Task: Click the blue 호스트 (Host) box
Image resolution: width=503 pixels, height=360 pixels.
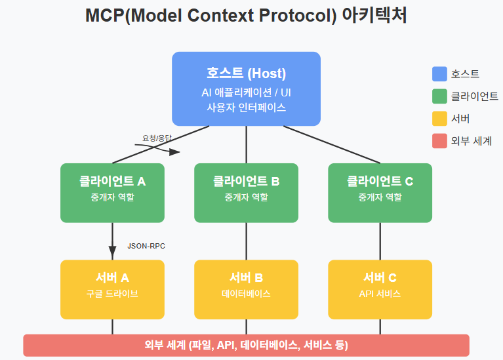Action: point(246,89)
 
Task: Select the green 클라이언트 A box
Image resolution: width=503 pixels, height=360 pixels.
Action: point(112,193)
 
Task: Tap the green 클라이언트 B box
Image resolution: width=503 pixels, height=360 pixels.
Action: point(246,193)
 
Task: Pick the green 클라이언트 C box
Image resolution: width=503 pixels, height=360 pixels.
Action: point(380,193)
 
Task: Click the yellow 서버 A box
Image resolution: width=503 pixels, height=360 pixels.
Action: point(112,290)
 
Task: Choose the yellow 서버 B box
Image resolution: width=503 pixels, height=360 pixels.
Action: point(246,290)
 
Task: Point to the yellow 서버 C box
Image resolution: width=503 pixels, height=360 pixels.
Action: point(380,290)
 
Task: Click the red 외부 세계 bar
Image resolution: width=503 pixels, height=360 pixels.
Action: point(246,345)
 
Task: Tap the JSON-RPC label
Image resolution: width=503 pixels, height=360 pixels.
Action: point(146,246)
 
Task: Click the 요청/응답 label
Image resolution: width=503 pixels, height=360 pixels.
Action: point(157,138)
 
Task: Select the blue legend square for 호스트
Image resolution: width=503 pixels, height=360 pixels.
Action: point(439,74)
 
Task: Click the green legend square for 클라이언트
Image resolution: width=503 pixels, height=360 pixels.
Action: point(439,96)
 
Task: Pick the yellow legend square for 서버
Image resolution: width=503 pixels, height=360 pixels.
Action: point(439,119)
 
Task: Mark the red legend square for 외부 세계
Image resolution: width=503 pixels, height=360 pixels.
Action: point(439,141)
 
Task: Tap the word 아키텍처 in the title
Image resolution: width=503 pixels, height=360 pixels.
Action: point(374,16)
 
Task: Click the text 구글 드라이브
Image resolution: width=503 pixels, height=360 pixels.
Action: point(112,294)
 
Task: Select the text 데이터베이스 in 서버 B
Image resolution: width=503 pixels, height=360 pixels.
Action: point(246,294)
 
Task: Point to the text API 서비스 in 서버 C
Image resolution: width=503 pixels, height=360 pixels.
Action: point(380,294)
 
